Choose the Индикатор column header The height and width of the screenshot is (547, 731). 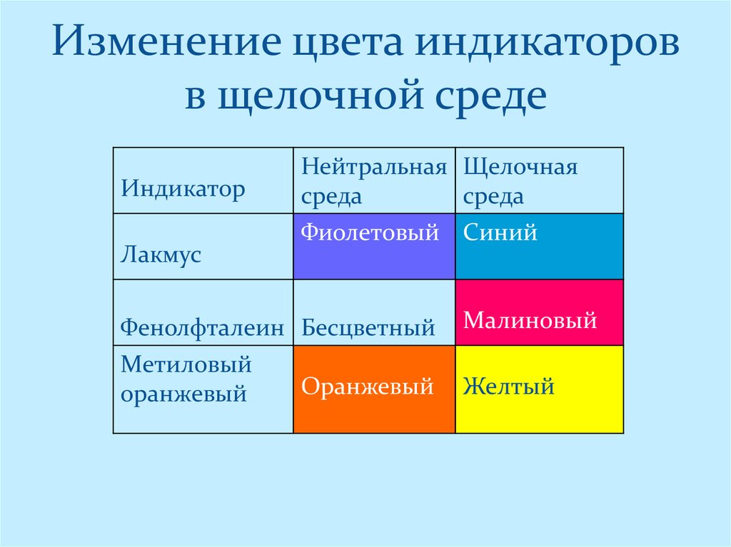click(183, 189)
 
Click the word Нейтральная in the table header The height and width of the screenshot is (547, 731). click(374, 168)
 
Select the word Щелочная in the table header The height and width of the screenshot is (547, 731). click(520, 168)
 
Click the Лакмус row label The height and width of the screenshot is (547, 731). click(161, 255)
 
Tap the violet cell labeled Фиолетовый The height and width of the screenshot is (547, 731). click(374, 246)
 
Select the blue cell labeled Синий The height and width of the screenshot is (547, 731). click(539, 246)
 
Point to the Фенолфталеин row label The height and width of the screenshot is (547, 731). click(202, 327)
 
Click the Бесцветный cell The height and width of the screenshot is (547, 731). click(368, 327)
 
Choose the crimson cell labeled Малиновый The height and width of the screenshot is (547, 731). click(539, 313)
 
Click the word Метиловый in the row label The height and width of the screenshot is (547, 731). click(186, 364)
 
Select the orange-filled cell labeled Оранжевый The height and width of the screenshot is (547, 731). click(374, 389)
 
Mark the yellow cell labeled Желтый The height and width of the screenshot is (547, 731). click(539, 389)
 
